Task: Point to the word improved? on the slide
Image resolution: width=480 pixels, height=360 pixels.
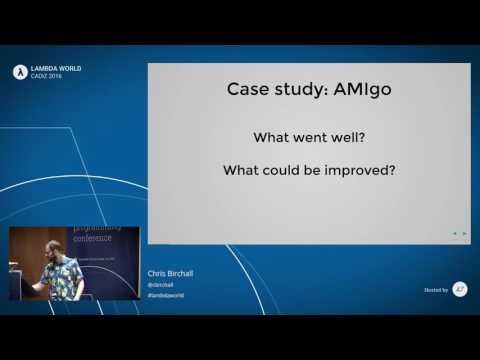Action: click(357, 170)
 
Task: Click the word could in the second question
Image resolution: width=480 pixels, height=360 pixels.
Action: click(290, 170)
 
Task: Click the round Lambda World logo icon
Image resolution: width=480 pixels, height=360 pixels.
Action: click(18, 71)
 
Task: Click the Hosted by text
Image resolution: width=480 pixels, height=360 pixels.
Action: click(436, 290)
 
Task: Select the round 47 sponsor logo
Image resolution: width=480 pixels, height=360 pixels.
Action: click(460, 289)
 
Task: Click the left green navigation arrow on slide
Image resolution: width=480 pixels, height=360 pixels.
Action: click(455, 233)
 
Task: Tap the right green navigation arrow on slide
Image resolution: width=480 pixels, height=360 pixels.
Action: click(464, 233)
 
